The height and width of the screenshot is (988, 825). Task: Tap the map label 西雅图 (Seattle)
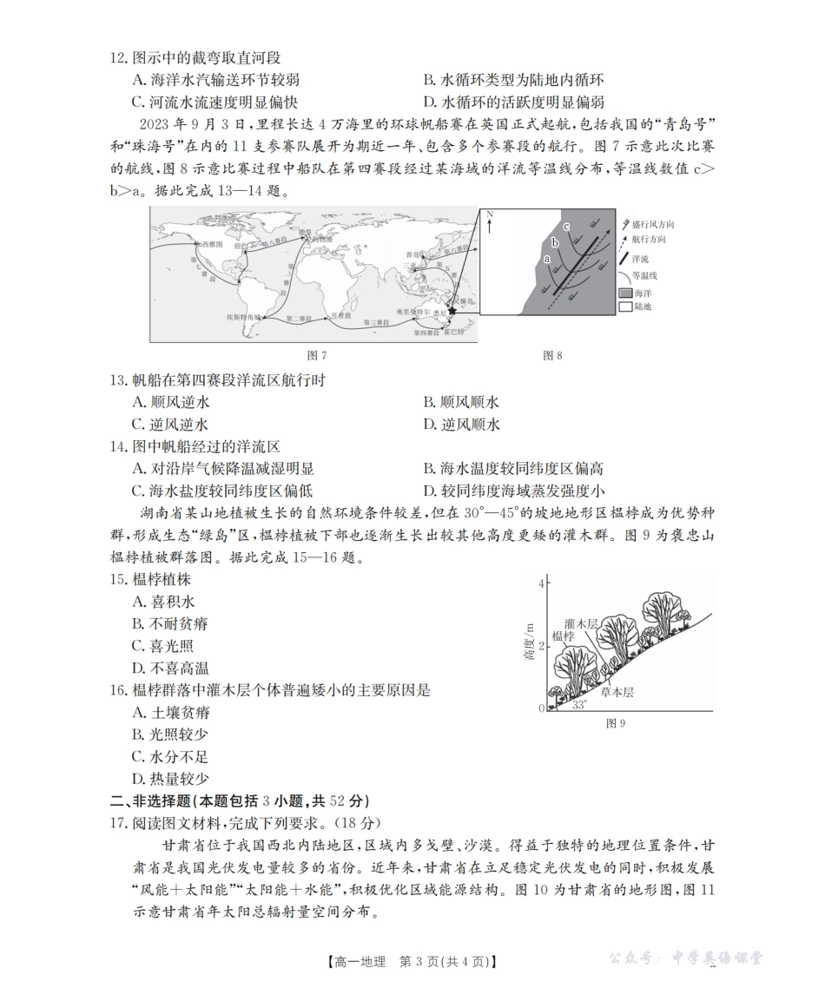(x=211, y=246)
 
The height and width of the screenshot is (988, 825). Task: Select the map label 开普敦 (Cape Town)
(x=338, y=315)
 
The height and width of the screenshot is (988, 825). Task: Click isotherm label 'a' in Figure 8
(x=546, y=259)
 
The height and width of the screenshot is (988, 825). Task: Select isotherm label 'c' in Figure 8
(x=566, y=227)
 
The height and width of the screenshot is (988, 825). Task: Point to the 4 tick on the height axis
(x=540, y=583)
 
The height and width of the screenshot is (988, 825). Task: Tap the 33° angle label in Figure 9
(x=579, y=705)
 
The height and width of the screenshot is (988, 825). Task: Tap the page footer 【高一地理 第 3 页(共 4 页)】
(x=412, y=961)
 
